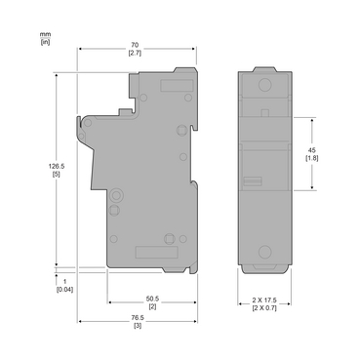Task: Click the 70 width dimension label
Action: pos(137,46)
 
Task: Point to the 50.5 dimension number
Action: pos(151,299)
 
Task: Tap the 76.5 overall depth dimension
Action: pos(137,316)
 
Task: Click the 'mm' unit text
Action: pos(45,34)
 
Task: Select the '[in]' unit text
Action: pos(45,42)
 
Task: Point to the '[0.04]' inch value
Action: pos(64,290)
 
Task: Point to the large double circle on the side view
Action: pos(116,194)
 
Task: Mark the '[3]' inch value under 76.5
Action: pos(137,325)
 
